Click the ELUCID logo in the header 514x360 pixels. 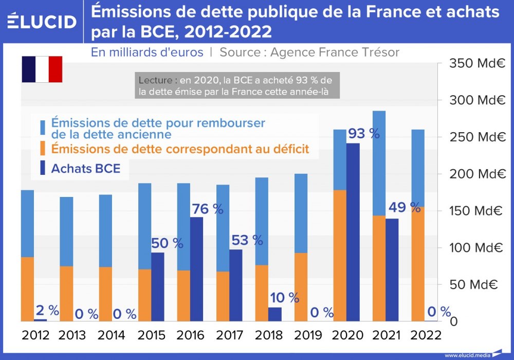pos(42,21)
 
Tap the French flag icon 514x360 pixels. pos(42,69)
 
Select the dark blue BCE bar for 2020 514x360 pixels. pos(353,231)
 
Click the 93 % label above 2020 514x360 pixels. pos(364,134)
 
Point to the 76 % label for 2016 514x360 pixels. pos(208,209)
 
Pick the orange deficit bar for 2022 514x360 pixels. pos(418,264)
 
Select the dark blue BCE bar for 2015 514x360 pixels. pos(157,286)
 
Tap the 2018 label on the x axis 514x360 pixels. pos(269,335)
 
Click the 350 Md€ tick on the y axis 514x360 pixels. pos(475,64)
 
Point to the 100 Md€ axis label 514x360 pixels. pos(475,247)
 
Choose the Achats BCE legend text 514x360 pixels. pos(85,169)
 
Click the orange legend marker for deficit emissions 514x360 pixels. pos(43,150)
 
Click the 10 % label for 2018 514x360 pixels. pos(284,297)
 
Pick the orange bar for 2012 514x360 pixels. pos(27,289)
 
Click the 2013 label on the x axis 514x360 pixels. pos(72,335)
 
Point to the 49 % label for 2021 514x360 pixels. pos(405,208)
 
